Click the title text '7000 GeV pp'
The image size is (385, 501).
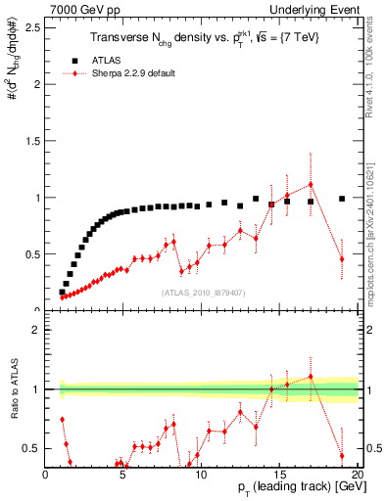(x=78, y=9)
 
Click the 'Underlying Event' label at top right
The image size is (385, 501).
(x=315, y=9)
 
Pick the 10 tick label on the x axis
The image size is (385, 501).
(x=202, y=477)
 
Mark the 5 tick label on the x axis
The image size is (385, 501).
(x=123, y=477)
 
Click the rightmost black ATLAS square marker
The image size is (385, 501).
(x=342, y=199)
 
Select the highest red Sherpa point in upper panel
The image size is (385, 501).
(x=311, y=184)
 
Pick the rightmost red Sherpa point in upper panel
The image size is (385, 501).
(x=342, y=258)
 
